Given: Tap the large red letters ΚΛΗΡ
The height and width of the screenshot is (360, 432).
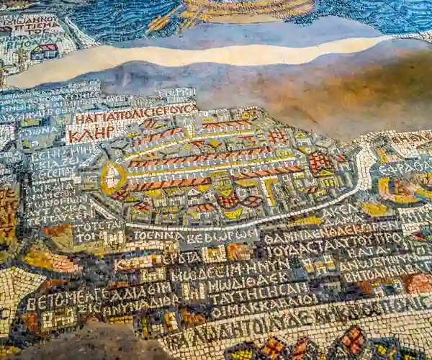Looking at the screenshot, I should point(91,134).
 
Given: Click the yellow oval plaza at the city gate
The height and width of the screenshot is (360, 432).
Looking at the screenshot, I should point(112,177).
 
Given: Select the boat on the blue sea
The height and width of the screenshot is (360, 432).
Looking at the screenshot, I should point(245,9).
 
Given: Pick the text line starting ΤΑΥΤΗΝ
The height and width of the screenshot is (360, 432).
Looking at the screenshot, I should point(259,297).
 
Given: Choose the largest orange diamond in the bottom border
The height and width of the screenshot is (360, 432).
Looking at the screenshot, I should point(353,338).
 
